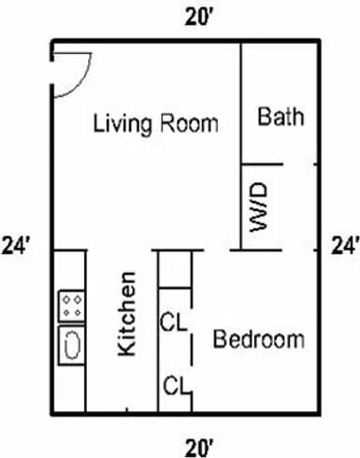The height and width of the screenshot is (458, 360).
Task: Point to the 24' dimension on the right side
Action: point(345,247)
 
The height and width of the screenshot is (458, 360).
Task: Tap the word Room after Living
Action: point(190,124)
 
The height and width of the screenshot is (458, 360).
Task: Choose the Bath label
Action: point(281,118)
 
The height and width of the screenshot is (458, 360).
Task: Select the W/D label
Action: point(260,206)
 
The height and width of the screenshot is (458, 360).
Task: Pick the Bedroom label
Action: point(259,339)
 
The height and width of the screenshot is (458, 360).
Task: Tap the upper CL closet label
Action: point(174,323)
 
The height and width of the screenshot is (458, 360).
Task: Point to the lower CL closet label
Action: point(174,384)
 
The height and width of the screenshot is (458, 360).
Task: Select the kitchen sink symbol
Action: point(71,343)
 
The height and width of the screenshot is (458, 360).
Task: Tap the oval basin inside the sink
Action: point(71,344)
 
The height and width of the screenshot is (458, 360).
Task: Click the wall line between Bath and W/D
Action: point(277,163)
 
